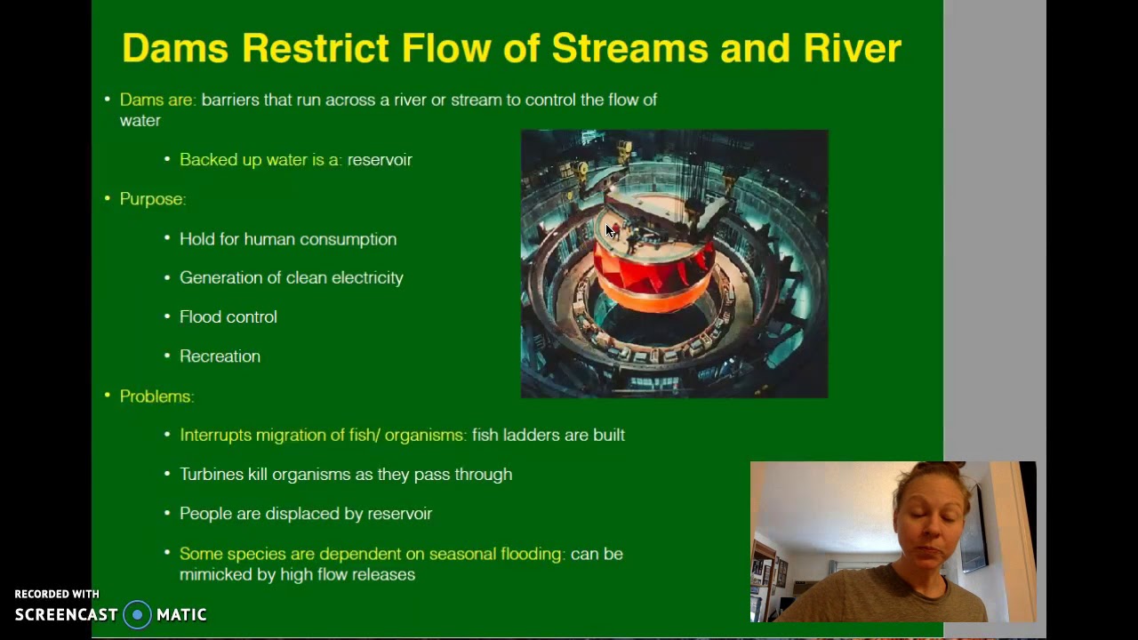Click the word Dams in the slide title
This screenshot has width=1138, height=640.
point(175,48)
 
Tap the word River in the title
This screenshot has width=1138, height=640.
point(852,48)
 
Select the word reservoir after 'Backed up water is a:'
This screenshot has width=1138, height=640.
point(380,160)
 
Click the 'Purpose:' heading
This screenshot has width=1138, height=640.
point(152,199)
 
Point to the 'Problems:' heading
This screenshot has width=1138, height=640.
point(156,396)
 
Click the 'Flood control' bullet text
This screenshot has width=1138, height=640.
point(228,317)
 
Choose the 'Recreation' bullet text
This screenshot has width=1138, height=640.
point(220,356)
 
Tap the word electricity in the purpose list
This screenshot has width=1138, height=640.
point(367,278)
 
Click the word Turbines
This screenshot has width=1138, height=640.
point(212,475)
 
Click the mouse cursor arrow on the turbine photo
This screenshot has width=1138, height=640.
point(610,231)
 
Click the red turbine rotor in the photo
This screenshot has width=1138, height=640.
point(653,271)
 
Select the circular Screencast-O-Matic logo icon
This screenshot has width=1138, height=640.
point(137,615)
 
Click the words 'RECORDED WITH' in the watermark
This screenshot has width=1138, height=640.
point(57,594)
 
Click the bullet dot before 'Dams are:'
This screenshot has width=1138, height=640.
point(108,100)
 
